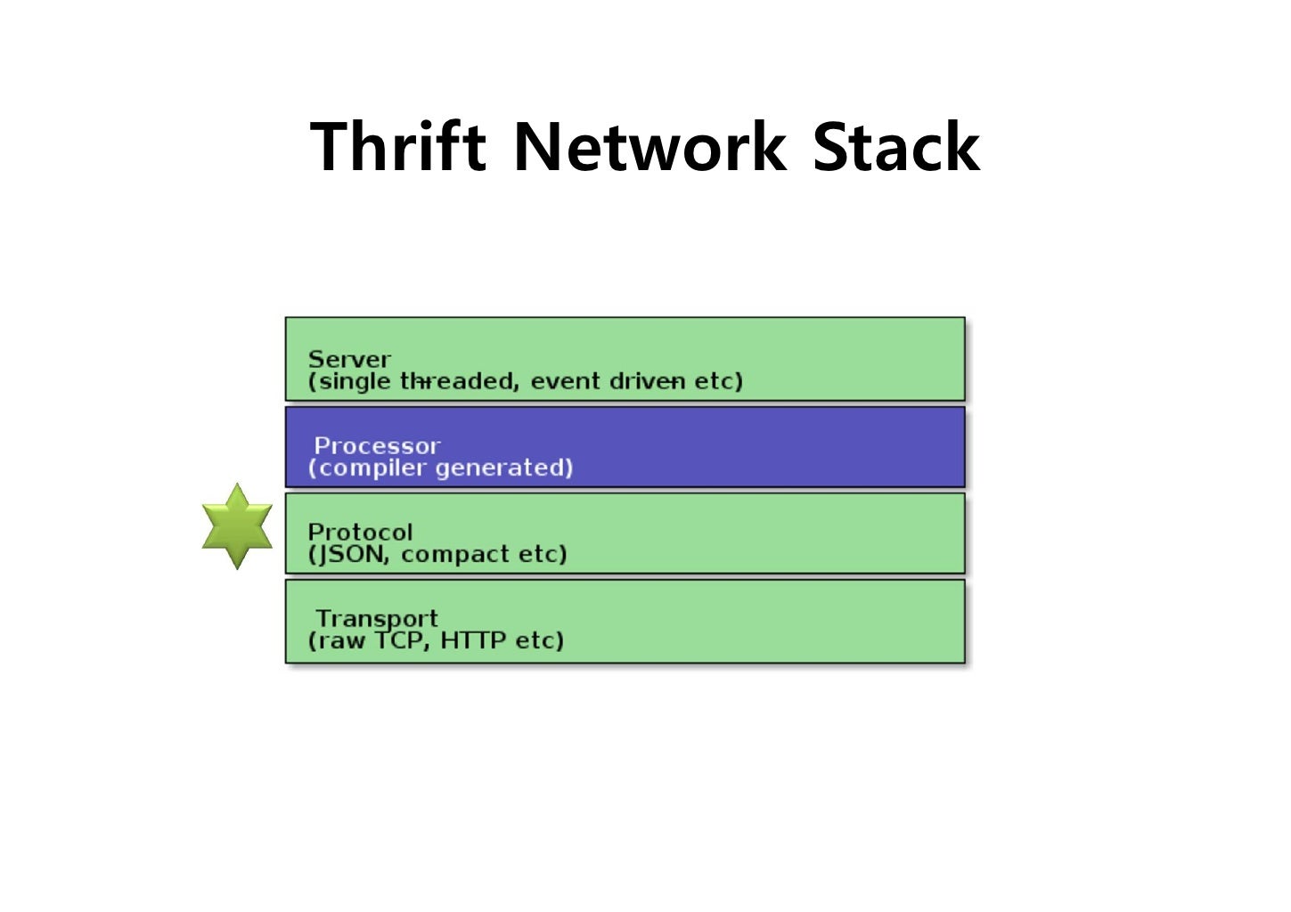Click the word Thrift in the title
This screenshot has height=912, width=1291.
[397, 147]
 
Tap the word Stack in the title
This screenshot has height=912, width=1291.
[895, 147]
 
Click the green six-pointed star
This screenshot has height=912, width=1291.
[237, 525]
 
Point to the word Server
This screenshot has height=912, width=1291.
[349, 359]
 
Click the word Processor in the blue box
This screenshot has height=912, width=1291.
[377, 445]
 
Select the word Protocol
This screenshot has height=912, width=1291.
[360, 532]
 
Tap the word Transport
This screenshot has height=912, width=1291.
[377, 618]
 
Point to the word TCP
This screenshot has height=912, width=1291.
[403, 640]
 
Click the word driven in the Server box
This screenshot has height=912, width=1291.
[648, 381]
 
